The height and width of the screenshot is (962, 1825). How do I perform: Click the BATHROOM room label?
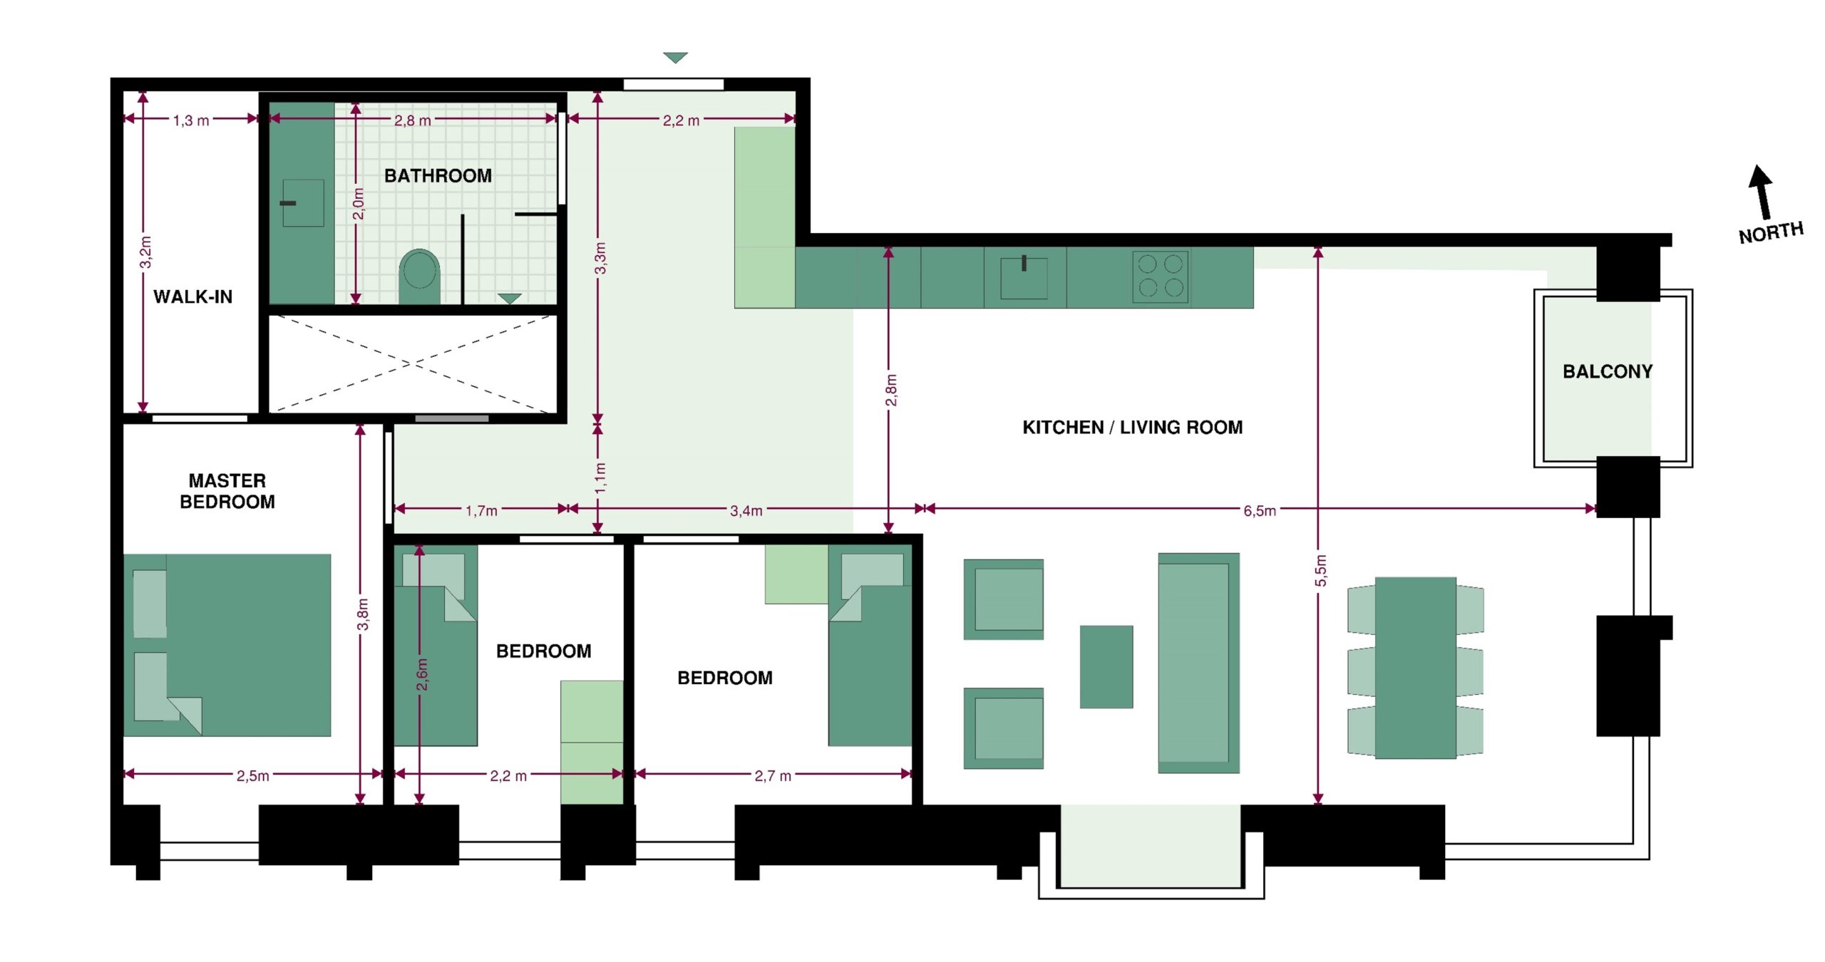(438, 175)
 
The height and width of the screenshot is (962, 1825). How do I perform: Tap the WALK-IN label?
(192, 296)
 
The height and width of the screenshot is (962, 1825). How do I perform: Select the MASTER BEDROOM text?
(227, 491)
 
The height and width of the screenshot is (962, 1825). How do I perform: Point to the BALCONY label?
(1607, 371)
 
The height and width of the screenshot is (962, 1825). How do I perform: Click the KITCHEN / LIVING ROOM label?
(1132, 427)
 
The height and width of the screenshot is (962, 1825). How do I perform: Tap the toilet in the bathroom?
(419, 276)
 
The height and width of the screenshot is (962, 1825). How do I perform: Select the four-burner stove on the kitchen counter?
(1161, 276)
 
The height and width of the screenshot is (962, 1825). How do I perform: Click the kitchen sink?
(1024, 277)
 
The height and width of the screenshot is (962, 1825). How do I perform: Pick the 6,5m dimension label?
(1260, 510)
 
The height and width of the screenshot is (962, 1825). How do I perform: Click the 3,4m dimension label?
(746, 510)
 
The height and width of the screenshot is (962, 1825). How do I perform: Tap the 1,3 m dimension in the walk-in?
(191, 120)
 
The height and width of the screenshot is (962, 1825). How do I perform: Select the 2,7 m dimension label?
(773, 775)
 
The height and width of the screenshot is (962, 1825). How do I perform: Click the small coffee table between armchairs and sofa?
(1106, 666)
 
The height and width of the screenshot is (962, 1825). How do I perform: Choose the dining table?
(1415, 668)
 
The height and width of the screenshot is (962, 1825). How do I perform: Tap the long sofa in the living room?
(1198, 663)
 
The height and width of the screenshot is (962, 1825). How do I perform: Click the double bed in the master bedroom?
(227, 645)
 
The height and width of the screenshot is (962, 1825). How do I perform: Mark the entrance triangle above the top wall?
(675, 57)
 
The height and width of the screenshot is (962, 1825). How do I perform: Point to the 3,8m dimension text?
(363, 614)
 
